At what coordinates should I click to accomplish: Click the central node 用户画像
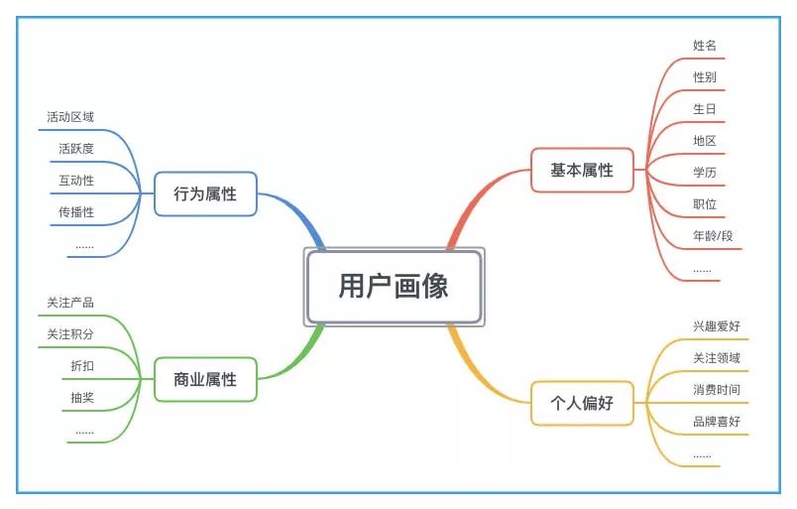tap(394, 287)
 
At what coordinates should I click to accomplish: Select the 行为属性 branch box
tap(205, 194)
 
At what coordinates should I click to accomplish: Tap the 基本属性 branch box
tap(582, 170)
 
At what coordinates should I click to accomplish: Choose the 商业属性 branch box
tap(205, 379)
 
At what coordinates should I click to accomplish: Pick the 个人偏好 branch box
tap(582, 403)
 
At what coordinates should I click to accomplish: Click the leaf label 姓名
tap(705, 46)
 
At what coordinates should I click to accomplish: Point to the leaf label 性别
tap(705, 77)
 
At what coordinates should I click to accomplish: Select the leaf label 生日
tap(705, 109)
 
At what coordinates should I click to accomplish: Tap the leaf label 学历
tap(705, 173)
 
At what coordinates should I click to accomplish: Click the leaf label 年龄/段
tap(713, 236)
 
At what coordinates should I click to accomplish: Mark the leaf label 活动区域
tap(70, 117)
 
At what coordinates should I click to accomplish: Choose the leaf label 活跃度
tap(76, 149)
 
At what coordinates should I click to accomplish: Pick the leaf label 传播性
tap(76, 212)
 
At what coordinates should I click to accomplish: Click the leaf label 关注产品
tap(70, 303)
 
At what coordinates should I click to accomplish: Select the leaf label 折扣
tap(82, 366)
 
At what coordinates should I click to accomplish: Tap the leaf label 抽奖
tap(82, 398)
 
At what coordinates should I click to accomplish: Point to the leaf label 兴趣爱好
tap(717, 326)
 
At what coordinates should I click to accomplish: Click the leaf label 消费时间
tap(717, 390)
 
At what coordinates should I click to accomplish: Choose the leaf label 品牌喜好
tap(717, 422)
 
